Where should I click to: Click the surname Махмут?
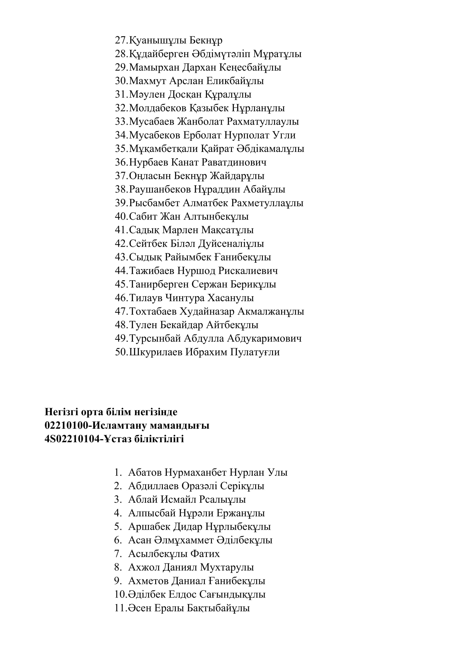147,81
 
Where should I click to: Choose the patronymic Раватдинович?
234,162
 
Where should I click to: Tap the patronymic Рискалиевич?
248,271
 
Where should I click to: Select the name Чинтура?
185,298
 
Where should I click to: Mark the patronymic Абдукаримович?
264,338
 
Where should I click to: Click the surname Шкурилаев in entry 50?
156,352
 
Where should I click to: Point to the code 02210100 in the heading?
67,426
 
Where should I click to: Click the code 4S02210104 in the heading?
72,439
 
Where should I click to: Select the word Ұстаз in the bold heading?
119,439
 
